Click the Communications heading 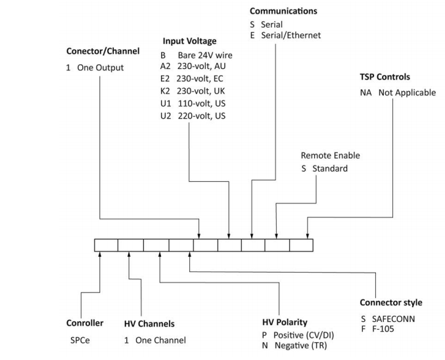pos(283,11)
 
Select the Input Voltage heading pos(189,41)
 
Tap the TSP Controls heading pos(385,77)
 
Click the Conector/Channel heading pos(103,51)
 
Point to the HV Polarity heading pos(284,323)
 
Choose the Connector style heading pos(390,303)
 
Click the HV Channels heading pos(149,324)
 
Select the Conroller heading pos(85,323)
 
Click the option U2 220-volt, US pos(193,116)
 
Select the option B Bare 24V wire pos(196,55)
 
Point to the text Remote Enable pos(330,156)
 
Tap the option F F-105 pos(377,329)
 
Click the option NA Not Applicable pos(397,93)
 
